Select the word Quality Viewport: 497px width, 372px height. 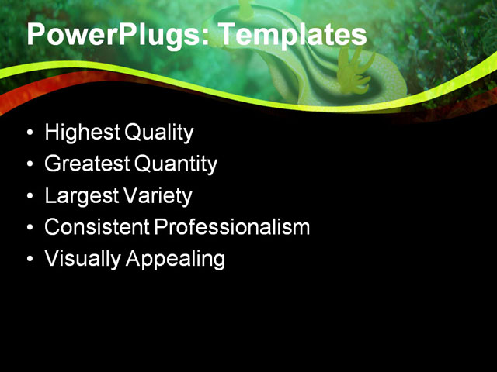tap(158, 133)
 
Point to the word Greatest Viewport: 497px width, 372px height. tap(87, 164)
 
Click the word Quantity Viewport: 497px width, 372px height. tap(176, 164)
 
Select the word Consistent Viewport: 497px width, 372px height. tap(96, 227)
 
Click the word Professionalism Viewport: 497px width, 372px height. tap(231, 227)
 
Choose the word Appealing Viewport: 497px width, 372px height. tap(176, 259)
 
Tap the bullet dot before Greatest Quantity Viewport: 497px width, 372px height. tap(30, 165)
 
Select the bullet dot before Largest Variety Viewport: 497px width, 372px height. tap(30, 197)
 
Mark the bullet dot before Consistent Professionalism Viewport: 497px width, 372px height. tap(30, 228)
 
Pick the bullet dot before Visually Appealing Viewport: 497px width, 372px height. tap(30, 260)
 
